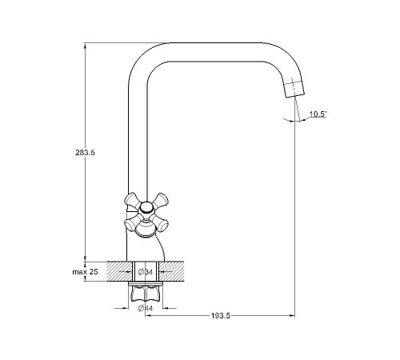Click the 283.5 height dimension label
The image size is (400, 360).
(x=85, y=153)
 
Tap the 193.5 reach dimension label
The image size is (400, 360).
(x=221, y=316)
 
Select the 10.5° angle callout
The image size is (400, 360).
(x=318, y=114)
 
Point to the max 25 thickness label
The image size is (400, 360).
(x=86, y=272)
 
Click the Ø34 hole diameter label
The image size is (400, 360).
(x=146, y=272)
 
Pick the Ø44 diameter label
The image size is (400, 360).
(x=146, y=309)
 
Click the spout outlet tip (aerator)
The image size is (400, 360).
(x=294, y=89)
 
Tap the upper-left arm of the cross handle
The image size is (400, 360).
(x=133, y=201)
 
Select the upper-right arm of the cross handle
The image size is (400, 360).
(x=160, y=201)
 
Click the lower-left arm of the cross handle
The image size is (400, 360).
(x=133, y=223)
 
